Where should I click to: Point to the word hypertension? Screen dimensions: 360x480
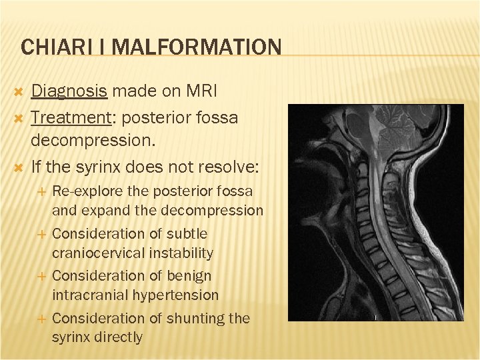[x=177, y=295]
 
